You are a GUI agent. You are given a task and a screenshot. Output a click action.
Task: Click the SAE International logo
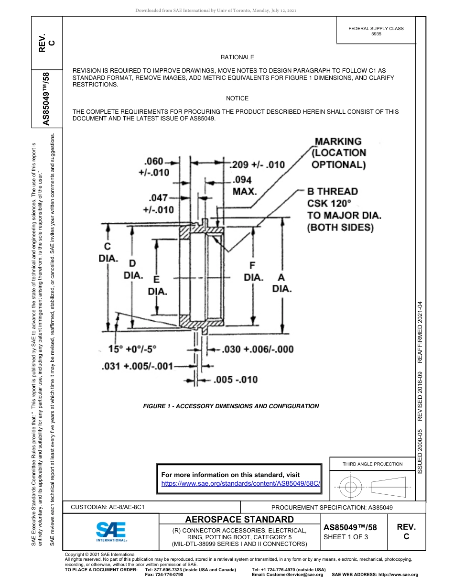pos(111,531)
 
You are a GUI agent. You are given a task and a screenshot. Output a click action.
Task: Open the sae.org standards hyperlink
pos(240,483)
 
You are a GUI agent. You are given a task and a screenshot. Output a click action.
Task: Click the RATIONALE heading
pos(237,57)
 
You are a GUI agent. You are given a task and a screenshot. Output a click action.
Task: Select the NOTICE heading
pos(237,98)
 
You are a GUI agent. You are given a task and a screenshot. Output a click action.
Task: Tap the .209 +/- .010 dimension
pos(258,165)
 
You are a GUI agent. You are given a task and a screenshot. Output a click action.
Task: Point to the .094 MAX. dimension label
pos(245,185)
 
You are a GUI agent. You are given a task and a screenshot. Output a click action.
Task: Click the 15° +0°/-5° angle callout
pos(132,348)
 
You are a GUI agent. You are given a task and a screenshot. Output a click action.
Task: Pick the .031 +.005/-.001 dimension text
pos(137,366)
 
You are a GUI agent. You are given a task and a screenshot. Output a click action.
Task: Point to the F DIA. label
pos(253,272)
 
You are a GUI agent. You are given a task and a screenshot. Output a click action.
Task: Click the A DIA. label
pos(281,283)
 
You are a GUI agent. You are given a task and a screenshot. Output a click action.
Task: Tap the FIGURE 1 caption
pos(231,406)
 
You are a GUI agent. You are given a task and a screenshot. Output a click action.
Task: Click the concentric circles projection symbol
pos(351,487)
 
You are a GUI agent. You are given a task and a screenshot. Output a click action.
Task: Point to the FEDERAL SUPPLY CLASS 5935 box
pos(376,31)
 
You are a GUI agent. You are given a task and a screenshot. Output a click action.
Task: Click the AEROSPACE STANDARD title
pos(239,520)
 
